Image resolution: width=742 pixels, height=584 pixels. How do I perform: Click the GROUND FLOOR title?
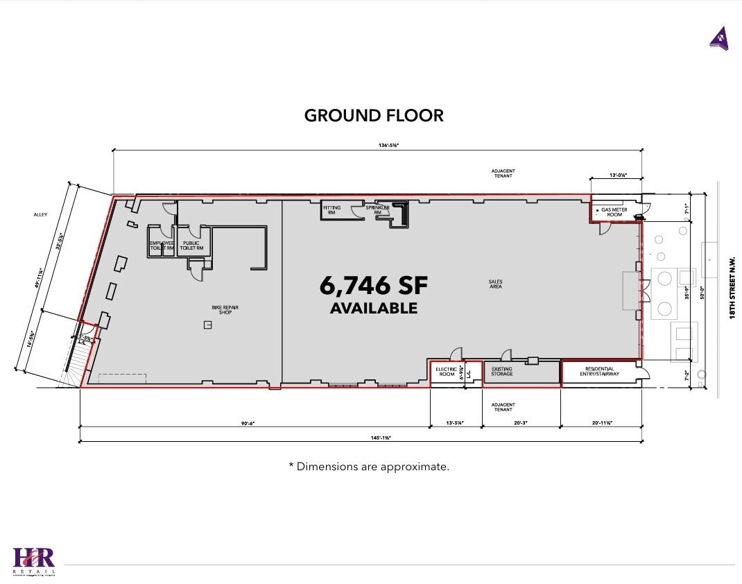tap(374, 115)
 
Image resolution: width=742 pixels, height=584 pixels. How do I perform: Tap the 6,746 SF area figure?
tap(374, 285)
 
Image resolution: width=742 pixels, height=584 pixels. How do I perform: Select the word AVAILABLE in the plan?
tap(374, 308)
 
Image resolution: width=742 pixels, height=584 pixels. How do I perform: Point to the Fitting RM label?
tap(331, 210)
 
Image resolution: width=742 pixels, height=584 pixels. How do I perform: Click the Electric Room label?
tap(445, 372)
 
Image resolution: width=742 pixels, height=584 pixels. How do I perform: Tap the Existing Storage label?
tap(501, 372)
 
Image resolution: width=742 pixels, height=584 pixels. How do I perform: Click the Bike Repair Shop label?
tap(225, 310)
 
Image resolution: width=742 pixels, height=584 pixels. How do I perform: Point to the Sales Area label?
tap(495, 284)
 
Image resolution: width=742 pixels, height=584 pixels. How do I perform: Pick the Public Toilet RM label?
tap(191, 246)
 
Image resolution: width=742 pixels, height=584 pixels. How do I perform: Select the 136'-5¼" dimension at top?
tap(378, 145)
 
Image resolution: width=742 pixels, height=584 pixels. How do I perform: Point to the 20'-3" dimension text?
tap(521, 421)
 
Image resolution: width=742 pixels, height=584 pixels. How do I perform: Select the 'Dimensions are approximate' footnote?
tap(369, 467)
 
